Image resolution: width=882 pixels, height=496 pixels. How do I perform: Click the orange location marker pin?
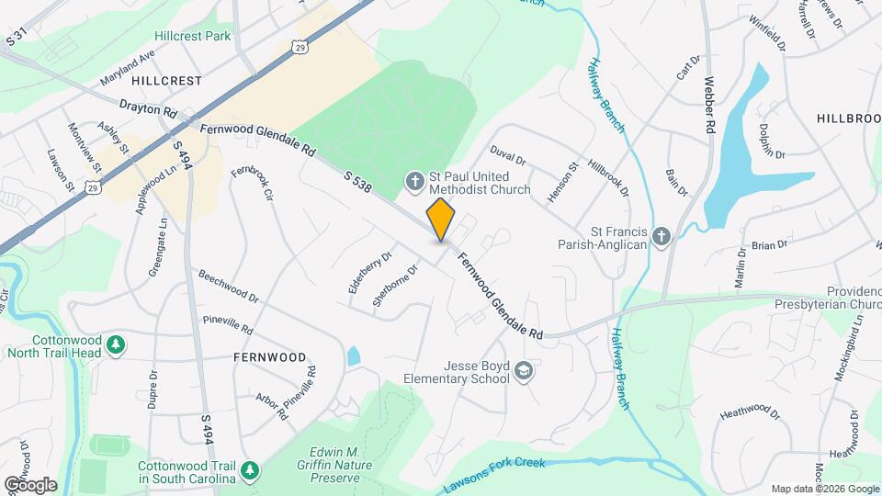(x=441, y=219)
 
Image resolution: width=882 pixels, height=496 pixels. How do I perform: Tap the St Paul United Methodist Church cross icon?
(x=414, y=182)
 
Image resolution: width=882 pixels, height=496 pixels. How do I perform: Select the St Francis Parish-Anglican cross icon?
(x=660, y=238)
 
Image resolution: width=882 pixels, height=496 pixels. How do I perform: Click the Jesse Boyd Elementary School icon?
(x=524, y=371)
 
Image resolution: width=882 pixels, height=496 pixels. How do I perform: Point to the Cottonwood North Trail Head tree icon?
(x=116, y=344)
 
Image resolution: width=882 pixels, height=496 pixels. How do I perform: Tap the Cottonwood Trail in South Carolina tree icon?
(x=250, y=471)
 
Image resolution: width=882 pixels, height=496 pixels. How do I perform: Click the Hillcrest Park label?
(x=192, y=36)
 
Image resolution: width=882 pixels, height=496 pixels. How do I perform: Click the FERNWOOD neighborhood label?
(x=269, y=355)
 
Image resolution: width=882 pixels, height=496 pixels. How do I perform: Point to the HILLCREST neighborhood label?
(x=165, y=81)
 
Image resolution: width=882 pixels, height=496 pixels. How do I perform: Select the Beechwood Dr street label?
(x=229, y=287)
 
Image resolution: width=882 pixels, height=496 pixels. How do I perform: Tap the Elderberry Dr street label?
(x=370, y=273)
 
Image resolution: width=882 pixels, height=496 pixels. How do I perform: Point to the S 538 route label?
(x=358, y=182)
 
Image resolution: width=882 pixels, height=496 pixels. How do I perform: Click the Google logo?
(x=29, y=484)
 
